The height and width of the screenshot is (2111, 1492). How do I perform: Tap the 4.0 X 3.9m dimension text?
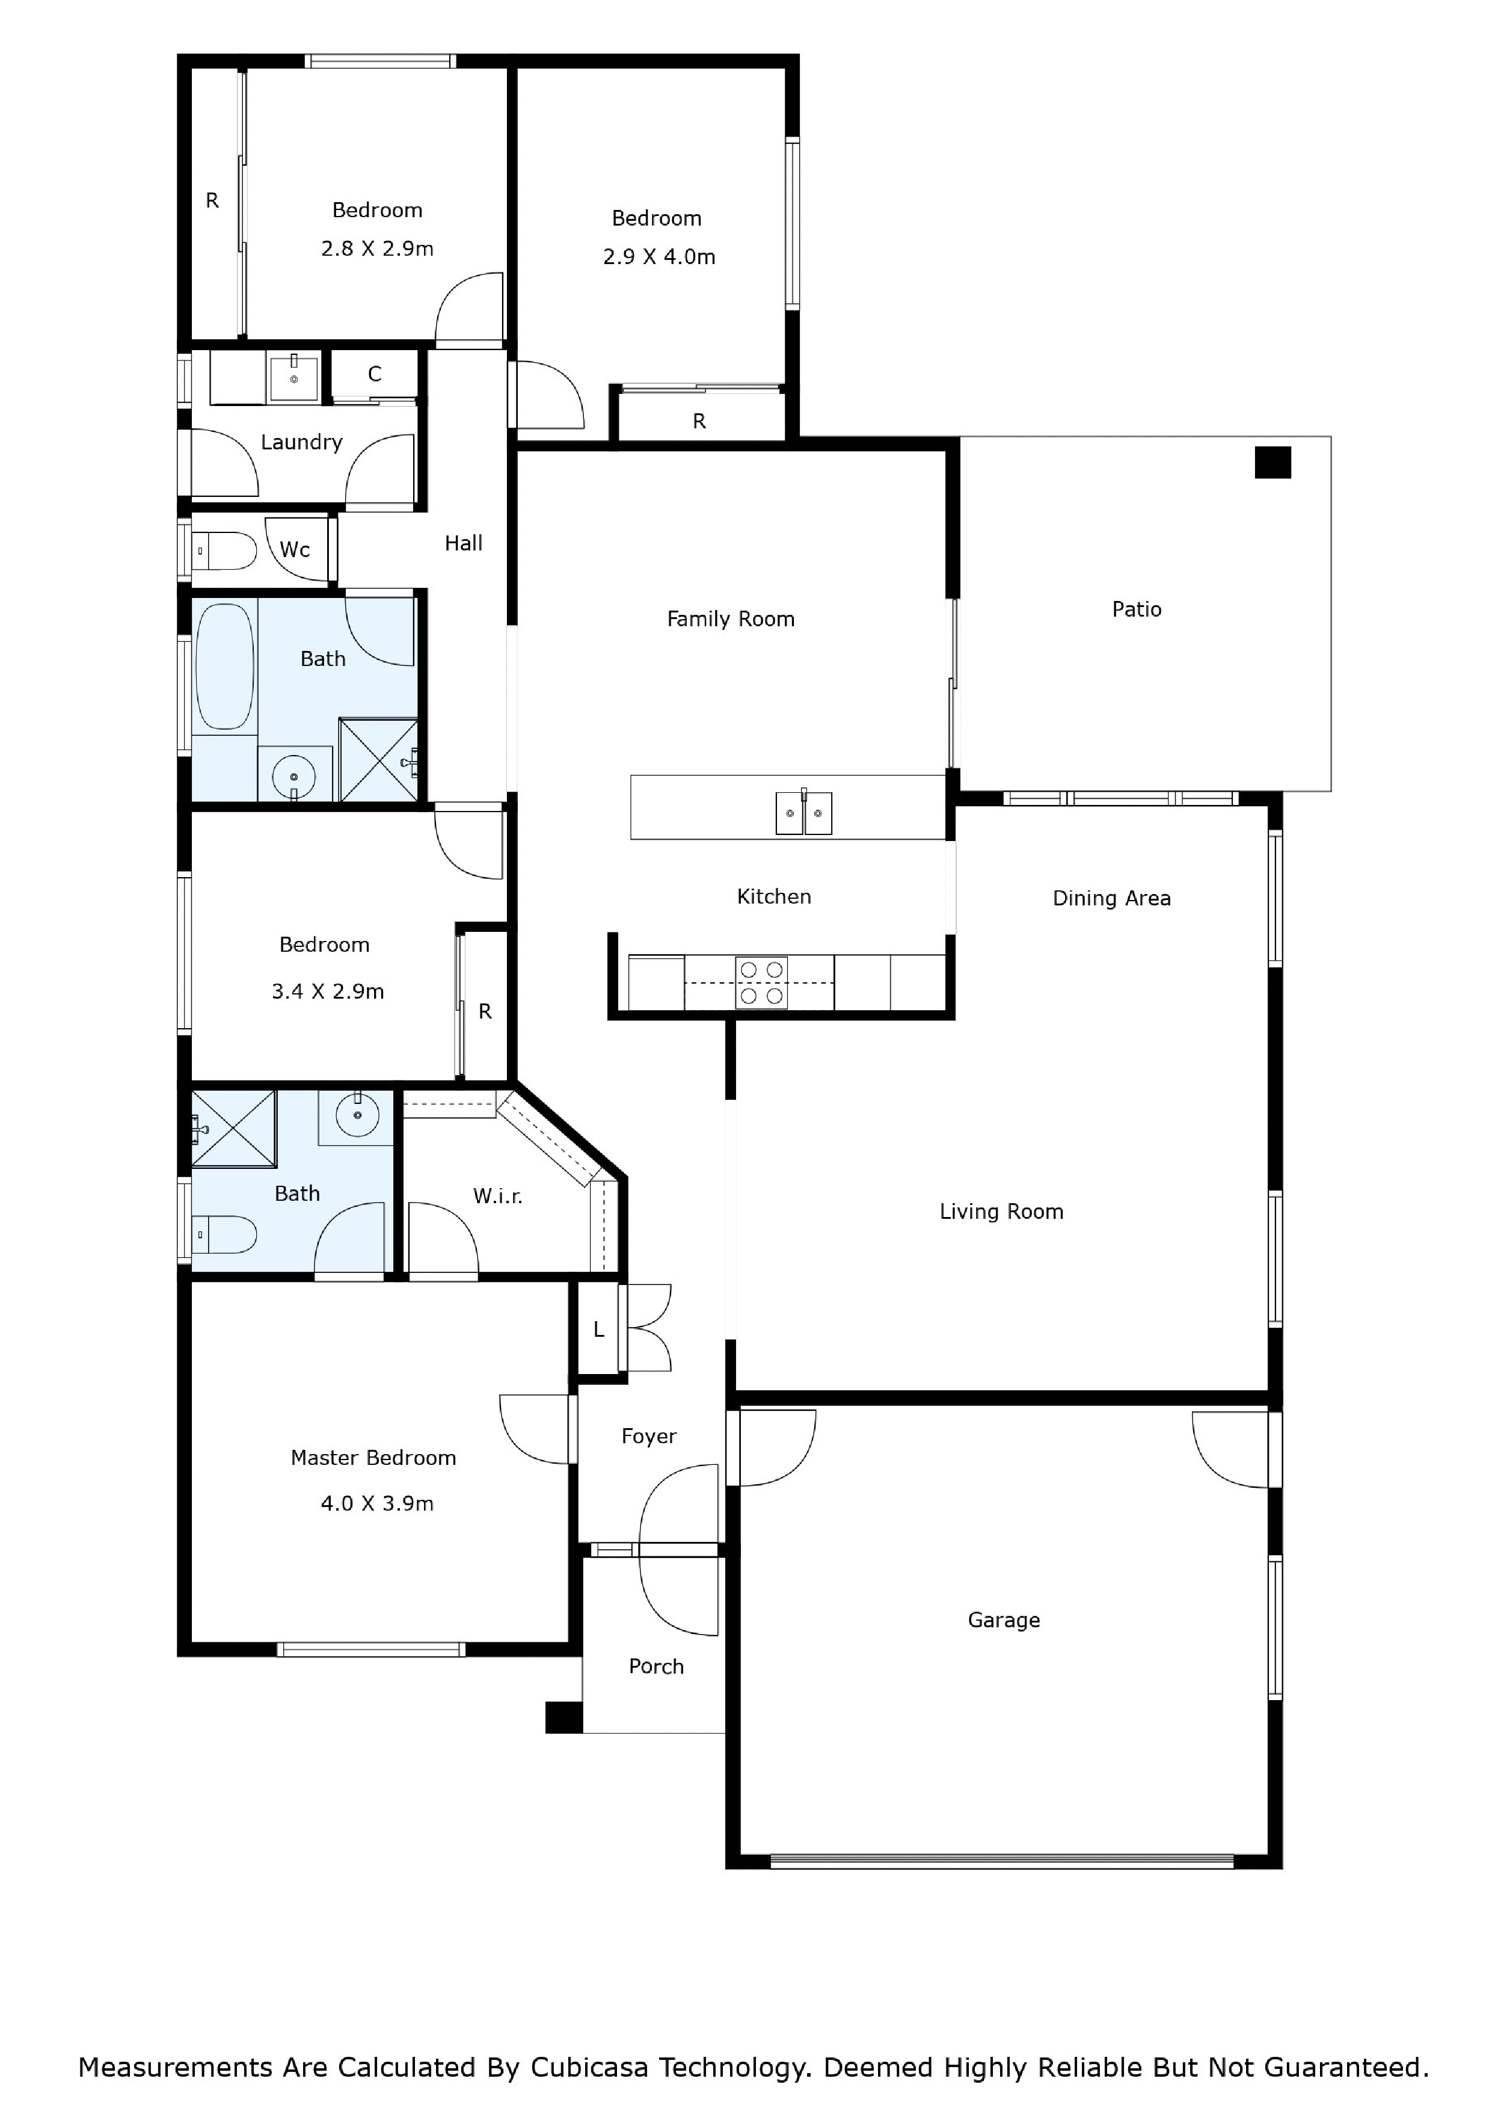point(377,1503)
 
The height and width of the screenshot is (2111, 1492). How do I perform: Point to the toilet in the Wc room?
point(223,550)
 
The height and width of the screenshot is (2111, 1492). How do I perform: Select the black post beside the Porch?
point(563,1718)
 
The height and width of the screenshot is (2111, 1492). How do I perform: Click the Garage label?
point(1004,1620)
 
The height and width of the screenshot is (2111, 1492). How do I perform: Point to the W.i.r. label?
point(497,1196)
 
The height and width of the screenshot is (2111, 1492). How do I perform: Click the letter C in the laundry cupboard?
point(374,374)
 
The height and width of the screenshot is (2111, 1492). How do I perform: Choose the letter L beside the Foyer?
point(598,1330)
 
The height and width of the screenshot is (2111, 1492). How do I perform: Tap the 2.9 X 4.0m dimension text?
point(659,256)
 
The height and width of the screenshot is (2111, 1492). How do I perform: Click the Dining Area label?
point(1111,898)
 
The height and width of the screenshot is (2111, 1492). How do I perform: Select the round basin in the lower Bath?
point(357,1116)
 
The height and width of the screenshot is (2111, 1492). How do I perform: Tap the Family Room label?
point(731,619)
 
